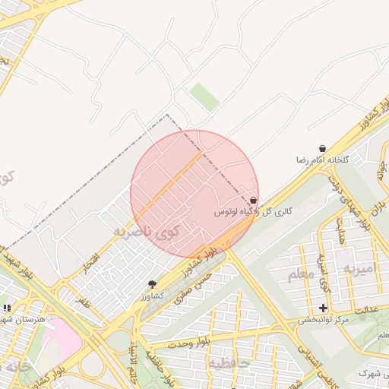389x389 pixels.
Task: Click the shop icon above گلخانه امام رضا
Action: [323, 149]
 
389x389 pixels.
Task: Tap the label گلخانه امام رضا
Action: [321, 160]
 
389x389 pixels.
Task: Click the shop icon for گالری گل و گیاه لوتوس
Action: [253, 200]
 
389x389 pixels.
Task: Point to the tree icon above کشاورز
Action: [152, 283]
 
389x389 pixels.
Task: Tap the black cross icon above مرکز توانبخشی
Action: [324, 308]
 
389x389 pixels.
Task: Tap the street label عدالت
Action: [366, 310]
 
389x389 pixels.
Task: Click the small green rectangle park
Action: [204, 97]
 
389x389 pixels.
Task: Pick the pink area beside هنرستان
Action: [65, 342]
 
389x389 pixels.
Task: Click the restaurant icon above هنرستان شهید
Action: [7, 308]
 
